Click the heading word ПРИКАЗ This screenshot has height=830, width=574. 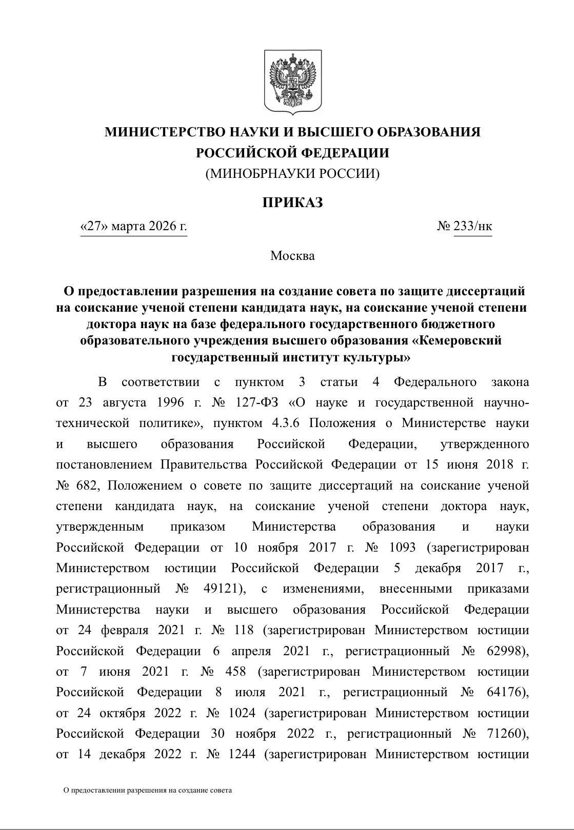tap(293, 203)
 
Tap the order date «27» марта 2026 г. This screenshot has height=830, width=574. tap(134, 226)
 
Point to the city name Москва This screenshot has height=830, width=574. tap(292, 255)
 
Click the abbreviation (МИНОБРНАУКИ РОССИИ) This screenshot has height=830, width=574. tap(292, 174)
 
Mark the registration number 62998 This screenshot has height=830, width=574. tap(503, 651)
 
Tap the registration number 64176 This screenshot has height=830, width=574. tap(502, 692)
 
